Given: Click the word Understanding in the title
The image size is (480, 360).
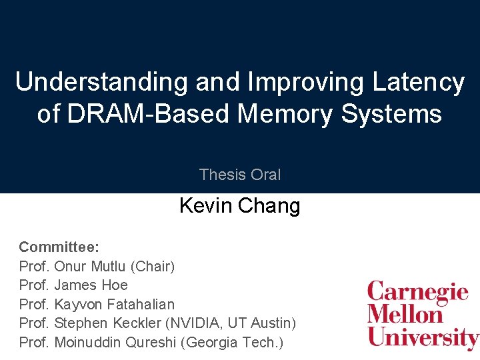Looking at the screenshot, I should click(x=102, y=82).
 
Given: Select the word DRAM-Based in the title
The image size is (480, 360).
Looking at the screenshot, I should click(x=151, y=113).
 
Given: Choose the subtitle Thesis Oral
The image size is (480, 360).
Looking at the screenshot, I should click(x=240, y=175).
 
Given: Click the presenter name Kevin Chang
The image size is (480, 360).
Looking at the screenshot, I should click(x=240, y=205).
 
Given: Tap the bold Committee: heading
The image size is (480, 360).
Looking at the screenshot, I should click(x=59, y=247).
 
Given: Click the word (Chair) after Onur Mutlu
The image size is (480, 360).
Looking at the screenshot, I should click(x=153, y=267).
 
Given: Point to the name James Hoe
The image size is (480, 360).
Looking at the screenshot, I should click(x=91, y=285).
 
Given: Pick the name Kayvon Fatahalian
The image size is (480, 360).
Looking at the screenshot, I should click(x=114, y=305).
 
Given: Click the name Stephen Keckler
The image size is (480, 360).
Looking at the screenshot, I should click(x=109, y=323).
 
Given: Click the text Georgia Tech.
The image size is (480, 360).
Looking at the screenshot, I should click(x=233, y=343).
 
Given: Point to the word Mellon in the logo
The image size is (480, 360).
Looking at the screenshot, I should click(x=405, y=314).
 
